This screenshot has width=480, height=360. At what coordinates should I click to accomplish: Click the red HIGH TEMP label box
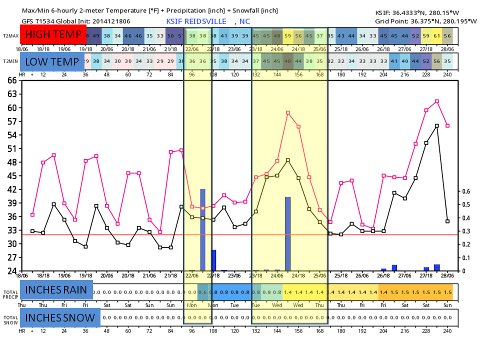53,34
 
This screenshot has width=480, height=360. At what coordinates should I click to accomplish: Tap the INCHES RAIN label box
56,290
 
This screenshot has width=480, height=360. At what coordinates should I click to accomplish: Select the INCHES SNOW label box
60,317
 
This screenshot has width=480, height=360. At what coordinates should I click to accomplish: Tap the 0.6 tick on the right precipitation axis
465,191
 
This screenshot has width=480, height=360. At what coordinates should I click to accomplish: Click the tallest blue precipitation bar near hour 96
202,229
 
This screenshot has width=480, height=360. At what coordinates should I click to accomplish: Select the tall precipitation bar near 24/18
287,233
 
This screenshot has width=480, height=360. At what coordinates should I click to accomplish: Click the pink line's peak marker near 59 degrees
288,113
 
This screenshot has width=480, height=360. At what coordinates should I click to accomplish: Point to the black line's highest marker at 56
437,126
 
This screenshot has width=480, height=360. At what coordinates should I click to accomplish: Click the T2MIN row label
9,61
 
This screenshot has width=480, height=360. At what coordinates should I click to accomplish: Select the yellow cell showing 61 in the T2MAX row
437,35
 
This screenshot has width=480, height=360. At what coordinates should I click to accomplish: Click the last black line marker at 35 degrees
447,221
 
